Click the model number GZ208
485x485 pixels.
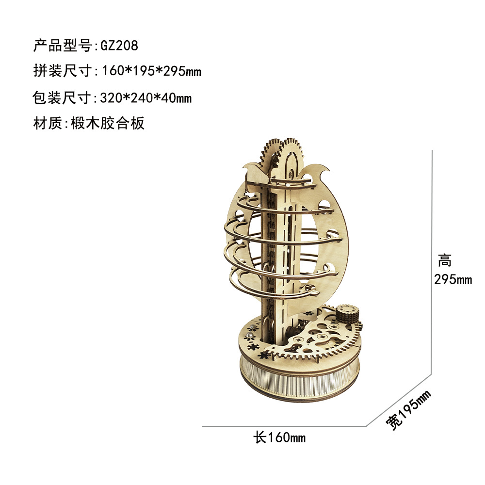119,46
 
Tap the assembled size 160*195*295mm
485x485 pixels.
151,72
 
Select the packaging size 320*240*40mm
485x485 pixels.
146,98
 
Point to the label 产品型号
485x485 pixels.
62,46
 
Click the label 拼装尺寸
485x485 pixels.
62,72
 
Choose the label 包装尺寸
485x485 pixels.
62,98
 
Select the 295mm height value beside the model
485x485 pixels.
453,279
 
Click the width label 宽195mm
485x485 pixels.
408,410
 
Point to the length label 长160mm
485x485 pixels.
279,438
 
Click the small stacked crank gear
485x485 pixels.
347,315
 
